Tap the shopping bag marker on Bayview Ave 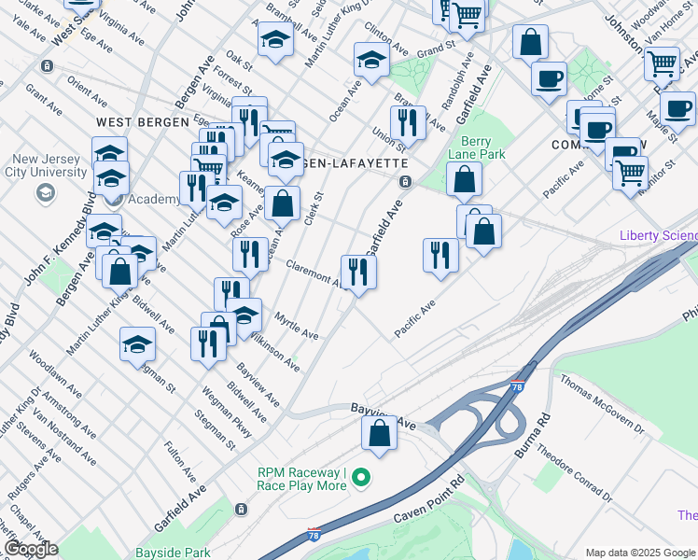(379, 434)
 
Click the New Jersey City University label (44, 165)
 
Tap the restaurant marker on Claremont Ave (358, 273)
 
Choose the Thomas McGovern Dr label (601, 404)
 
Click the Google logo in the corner (31, 549)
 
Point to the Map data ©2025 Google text (640, 553)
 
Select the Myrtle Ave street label (297, 327)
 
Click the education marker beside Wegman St (138, 344)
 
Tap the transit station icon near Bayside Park (242, 510)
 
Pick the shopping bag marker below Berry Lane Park (464, 179)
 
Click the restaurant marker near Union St (408, 122)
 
